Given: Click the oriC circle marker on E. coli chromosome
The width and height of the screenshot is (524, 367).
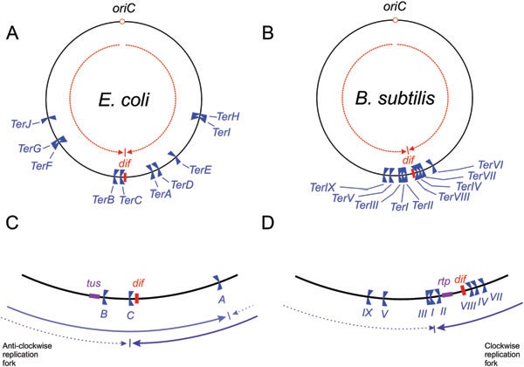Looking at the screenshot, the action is [122, 22].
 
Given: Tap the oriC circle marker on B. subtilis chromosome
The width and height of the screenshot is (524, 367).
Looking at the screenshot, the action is [396, 20].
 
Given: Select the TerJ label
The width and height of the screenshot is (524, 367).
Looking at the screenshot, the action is [21, 124].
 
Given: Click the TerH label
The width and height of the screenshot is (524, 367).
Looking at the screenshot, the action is [228, 116].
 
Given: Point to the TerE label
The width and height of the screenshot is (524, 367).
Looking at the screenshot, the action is [201, 170].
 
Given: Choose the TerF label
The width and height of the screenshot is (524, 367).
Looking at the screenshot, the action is [42, 165].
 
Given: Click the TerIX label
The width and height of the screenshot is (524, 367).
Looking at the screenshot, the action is [322, 187].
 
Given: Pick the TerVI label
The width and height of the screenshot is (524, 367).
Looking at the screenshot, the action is [491, 164].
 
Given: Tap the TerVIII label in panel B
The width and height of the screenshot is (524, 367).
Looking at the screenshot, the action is [454, 197].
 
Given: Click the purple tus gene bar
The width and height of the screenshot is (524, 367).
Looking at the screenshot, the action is [94, 296].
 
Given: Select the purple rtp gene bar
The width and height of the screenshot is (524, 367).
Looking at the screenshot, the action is [447, 294].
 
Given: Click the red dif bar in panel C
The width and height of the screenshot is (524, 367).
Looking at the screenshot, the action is [137, 298].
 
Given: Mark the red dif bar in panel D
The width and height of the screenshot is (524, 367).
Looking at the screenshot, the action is [464, 290].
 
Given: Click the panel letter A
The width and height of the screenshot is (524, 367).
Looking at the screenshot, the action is [12, 33].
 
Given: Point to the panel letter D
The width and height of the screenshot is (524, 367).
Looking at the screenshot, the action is [268, 223].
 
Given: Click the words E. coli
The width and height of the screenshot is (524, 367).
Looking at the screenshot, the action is [124, 100].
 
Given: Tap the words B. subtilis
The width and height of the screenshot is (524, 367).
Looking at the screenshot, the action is [395, 98].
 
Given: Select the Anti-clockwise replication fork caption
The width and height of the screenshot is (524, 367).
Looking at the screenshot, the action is [27, 354].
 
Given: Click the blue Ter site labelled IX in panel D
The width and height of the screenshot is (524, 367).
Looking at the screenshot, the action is [369, 297].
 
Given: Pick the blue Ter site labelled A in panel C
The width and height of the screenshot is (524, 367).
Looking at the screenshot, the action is [219, 282].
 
